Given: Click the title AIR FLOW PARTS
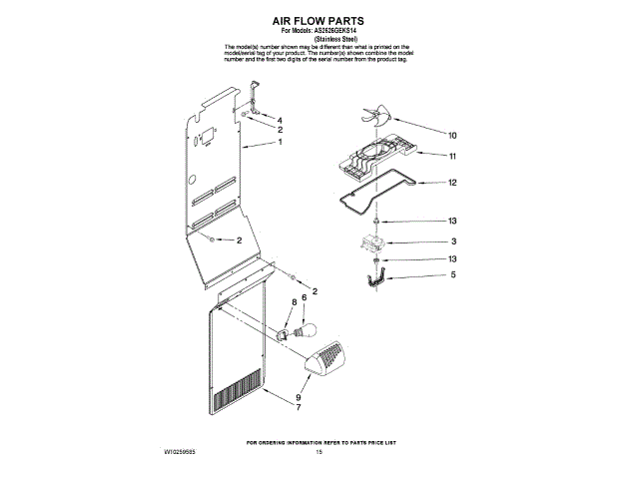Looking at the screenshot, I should tap(319, 19).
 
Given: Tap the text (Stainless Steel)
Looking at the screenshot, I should tap(319, 38).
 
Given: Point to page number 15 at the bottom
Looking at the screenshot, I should tap(319, 452).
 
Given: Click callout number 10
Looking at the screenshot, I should tap(452, 135).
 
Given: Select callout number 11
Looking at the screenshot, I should tap(452, 157).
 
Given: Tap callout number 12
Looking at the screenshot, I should tap(452, 183).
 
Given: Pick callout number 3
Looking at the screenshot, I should tap(452, 241).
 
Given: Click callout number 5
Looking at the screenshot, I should tap(452, 274).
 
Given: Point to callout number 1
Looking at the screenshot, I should tap(281, 143).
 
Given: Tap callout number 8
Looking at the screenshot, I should tap(294, 300).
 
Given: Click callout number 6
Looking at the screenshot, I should tap(304, 298).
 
